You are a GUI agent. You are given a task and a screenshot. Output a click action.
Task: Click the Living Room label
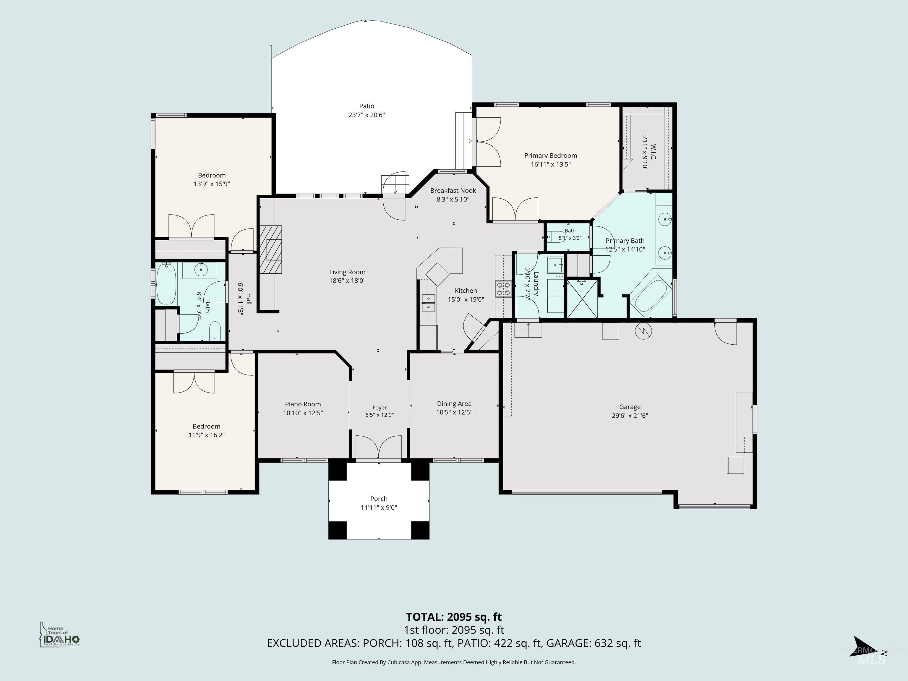coord(347,272)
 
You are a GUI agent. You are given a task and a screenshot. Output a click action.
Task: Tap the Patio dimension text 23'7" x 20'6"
coord(367,115)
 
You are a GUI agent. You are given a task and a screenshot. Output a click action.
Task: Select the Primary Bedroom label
coord(550,155)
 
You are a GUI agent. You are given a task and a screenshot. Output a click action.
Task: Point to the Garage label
coord(630,407)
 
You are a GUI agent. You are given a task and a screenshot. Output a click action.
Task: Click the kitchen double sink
coord(428,303)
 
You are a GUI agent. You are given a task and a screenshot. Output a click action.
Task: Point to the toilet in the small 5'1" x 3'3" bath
coord(556,236)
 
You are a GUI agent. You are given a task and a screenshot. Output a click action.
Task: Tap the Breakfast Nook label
coord(453,190)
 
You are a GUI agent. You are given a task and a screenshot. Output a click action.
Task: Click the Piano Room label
coord(303,404)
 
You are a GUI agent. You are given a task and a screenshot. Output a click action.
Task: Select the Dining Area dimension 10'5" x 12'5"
coord(454,412)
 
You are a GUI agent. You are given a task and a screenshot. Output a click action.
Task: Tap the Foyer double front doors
coord(378,447)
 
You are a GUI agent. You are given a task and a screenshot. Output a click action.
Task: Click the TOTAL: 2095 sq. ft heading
coord(454,617)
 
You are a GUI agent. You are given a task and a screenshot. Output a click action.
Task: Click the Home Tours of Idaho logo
coord(59,634)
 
